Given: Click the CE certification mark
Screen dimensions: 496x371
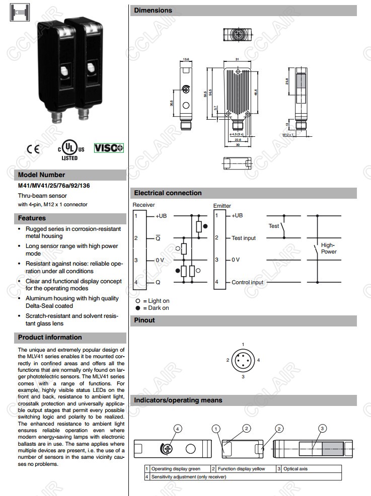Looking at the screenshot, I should pos(33,148).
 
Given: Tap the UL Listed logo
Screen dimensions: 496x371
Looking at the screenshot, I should pos(69,149).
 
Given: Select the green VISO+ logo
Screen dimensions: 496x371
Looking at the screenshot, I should pos(108,148).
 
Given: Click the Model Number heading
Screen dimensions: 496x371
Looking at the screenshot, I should pos(42,175).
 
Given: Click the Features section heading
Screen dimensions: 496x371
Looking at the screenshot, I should pos(32,218).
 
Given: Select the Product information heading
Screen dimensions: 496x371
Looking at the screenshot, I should pos(50,338).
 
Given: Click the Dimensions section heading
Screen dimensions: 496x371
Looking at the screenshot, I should pos(153,11).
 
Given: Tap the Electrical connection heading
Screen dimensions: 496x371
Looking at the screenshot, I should pos(168,193).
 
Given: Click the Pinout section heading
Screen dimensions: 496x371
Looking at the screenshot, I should pos(144,320).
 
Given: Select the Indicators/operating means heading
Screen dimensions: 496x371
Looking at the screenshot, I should pos(178,401).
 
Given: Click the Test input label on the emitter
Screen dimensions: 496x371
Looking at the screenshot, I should pos(244,238).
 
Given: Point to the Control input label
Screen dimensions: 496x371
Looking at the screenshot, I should pos(247,282).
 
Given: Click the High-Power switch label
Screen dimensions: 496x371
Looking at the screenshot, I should pos(329,249).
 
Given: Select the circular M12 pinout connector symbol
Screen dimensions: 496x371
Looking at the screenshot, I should pos(243,360).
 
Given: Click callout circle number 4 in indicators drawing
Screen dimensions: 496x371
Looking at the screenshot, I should pos(177,429).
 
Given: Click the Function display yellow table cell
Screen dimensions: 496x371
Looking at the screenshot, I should pos(241,469).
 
